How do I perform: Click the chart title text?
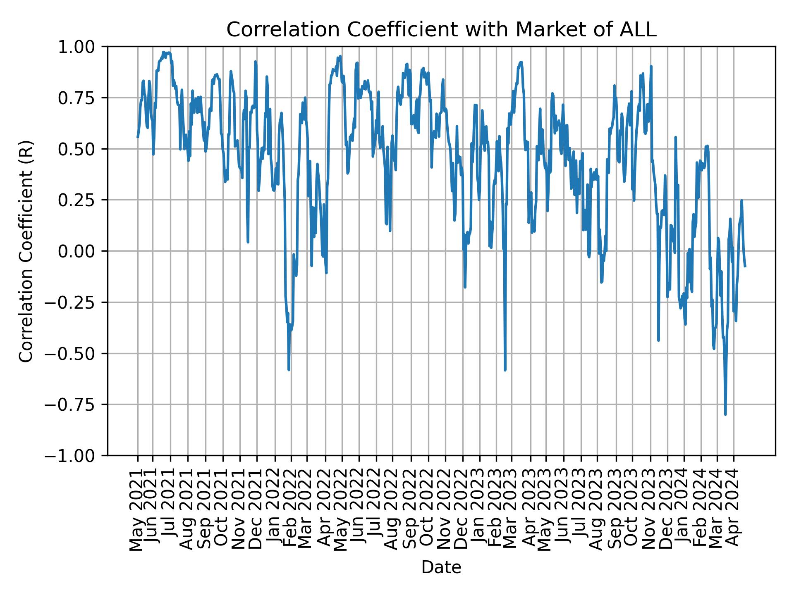441,30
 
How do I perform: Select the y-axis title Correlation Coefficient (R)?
26,251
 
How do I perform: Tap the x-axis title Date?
441,568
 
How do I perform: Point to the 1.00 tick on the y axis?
82,47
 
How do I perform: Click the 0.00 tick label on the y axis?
82,251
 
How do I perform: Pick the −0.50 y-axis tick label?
77,353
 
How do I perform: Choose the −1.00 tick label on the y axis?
77,455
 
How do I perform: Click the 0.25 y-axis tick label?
82,200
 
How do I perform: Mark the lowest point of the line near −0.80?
725,414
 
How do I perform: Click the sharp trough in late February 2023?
505,369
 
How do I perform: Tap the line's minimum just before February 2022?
289,369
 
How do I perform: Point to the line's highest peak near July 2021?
164,52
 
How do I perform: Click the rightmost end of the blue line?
745,267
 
